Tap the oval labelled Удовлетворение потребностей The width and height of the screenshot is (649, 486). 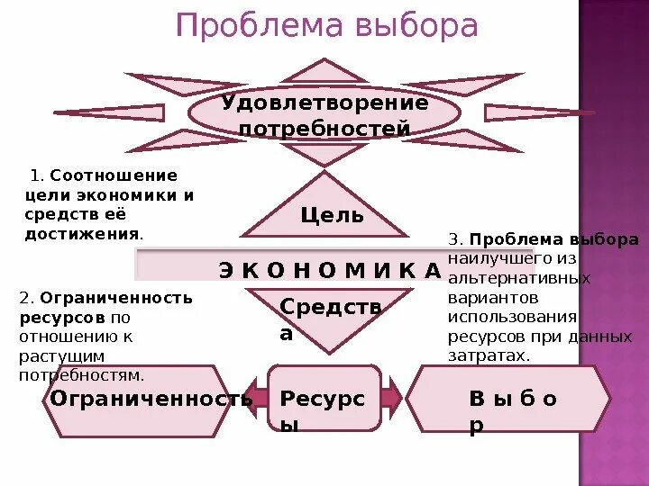pyautogui.click(x=324, y=115)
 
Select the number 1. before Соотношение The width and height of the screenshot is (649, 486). pyautogui.click(x=37, y=175)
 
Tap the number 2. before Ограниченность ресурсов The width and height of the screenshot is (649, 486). pyautogui.click(x=26, y=296)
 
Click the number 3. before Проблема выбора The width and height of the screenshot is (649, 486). pyautogui.click(x=455, y=240)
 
